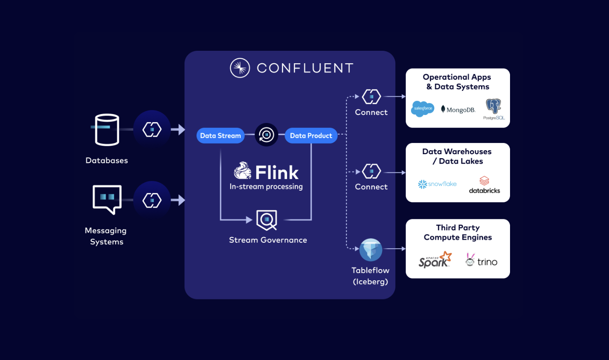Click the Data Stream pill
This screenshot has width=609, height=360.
[220, 135]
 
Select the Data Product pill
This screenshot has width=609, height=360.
[311, 135]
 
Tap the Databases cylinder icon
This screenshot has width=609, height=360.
[107, 130]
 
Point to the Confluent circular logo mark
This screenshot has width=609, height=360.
[239, 68]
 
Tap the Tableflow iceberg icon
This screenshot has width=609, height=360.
[371, 250]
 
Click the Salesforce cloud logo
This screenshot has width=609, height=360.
[422, 109]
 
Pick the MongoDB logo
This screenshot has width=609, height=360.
[458, 109]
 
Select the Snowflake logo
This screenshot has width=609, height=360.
[437, 184]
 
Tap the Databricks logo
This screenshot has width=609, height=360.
[484, 185]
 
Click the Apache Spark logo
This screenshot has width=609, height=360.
[435, 260]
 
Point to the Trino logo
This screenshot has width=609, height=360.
[481, 261]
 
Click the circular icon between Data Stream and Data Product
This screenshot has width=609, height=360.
[266, 135]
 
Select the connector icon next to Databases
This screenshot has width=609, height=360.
[152, 129]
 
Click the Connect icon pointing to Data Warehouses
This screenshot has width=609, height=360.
[371, 172]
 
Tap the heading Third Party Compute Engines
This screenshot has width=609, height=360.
[458, 233]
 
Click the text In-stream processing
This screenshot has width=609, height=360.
[266, 187]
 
